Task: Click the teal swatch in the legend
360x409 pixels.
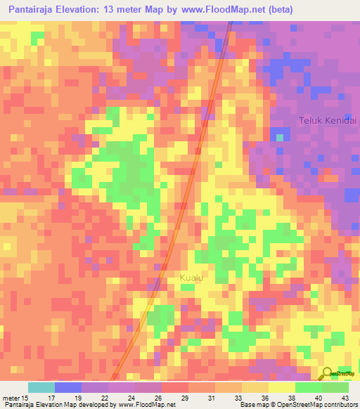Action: pyautogui.click(x=41, y=387)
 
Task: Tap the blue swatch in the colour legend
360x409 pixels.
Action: pyautogui.click(x=67, y=387)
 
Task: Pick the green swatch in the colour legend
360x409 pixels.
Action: pyautogui.click(x=335, y=387)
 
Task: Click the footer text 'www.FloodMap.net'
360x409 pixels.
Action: pyautogui.click(x=147, y=405)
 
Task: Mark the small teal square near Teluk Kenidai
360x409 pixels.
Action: pyautogui.click(x=280, y=137)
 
